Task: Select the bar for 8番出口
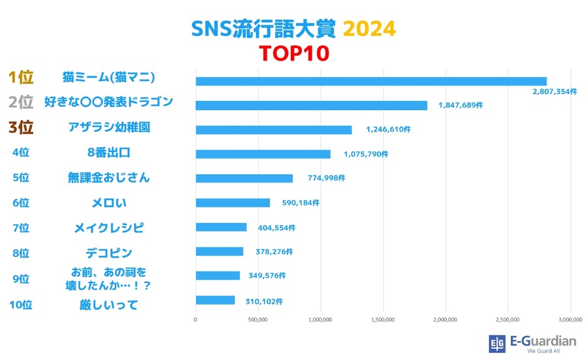[x=263, y=154]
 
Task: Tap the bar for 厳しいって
[x=215, y=301]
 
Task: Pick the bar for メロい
[x=233, y=203]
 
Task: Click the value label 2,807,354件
[x=555, y=93]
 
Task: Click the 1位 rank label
[x=20, y=78]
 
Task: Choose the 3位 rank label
[x=20, y=127]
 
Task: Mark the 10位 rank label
[x=20, y=304]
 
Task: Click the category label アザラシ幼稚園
[x=109, y=127]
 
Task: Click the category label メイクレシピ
[x=109, y=228]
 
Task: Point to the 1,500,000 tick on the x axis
[x=383, y=320]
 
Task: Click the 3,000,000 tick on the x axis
[x=571, y=320]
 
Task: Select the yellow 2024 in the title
[x=369, y=29]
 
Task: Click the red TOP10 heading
[x=293, y=53]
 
